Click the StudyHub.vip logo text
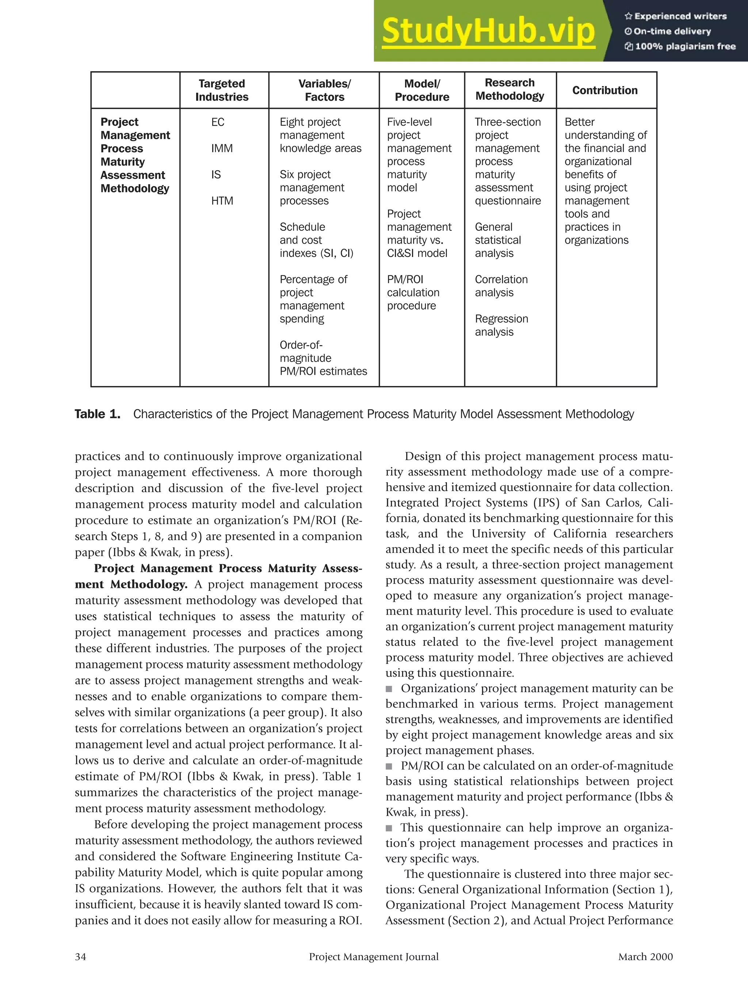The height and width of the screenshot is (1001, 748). [x=488, y=31]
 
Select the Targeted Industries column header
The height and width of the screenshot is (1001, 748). [x=222, y=90]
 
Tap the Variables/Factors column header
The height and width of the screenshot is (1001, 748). [x=324, y=90]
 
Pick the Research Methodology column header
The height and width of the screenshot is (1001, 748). [x=510, y=89]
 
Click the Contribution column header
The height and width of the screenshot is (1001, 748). [x=604, y=90]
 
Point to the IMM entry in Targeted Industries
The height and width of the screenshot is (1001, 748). [x=222, y=148]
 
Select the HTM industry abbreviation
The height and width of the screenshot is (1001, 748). [x=222, y=201]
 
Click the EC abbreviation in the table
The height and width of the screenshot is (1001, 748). [x=218, y=122]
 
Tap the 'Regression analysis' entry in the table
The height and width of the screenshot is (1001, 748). [x=501, y=325]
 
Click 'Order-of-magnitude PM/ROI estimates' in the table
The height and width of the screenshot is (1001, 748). [x=323, y=358]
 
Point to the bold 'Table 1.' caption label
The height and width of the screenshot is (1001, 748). [x=97, y=414]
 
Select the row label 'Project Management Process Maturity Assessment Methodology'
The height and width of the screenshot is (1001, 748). [x=135, y=155]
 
